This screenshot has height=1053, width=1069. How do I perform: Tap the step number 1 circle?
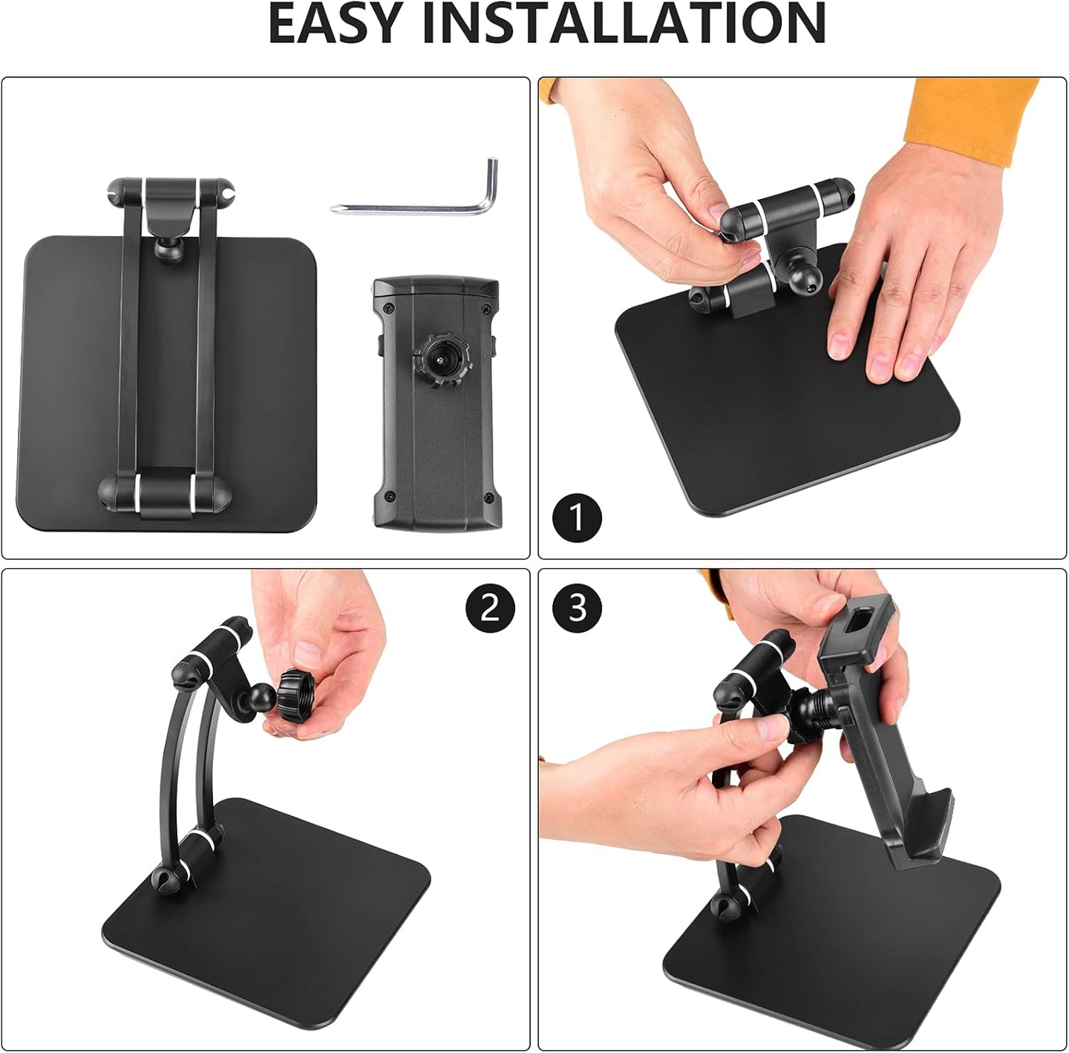pos(577,517)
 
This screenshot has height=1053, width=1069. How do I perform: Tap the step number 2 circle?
pos(491,608)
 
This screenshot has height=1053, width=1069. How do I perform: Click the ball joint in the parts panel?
pos(168,250)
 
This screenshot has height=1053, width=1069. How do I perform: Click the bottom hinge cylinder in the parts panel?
pos(165,492)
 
